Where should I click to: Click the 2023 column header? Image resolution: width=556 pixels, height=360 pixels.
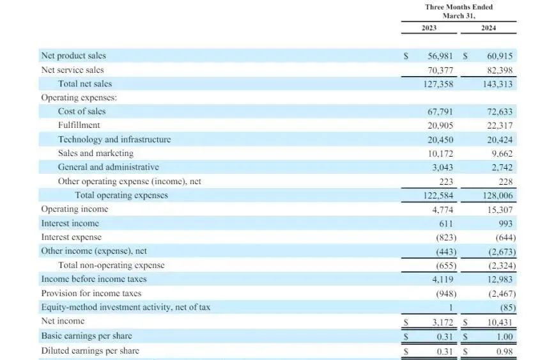429,28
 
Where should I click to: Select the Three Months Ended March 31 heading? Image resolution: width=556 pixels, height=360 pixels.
459,12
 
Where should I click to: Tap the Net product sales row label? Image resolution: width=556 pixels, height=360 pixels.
73,56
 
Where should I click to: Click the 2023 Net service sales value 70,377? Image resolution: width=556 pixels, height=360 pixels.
438,70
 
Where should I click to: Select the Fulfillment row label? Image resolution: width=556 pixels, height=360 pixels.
79,125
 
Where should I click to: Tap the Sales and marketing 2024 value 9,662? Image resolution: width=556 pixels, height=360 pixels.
501,153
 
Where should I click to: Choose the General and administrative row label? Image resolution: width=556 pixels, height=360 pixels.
108,167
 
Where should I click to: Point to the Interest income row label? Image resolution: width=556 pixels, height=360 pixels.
70,223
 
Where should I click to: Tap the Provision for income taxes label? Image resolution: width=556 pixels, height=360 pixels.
91,293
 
